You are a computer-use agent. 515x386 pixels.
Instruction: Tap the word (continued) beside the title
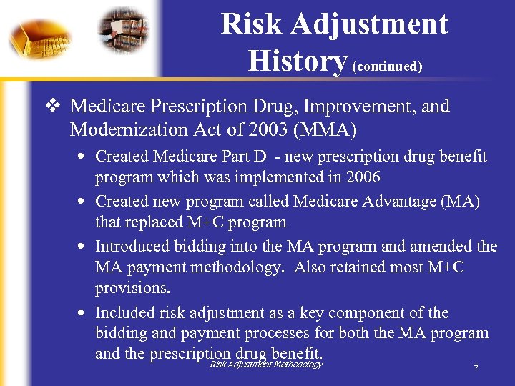(387, 66)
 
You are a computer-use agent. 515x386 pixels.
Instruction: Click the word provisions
(132, 287)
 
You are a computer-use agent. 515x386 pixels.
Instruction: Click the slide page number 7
(476, 368)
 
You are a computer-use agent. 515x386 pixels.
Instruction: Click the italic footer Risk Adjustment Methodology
(266, 365)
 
